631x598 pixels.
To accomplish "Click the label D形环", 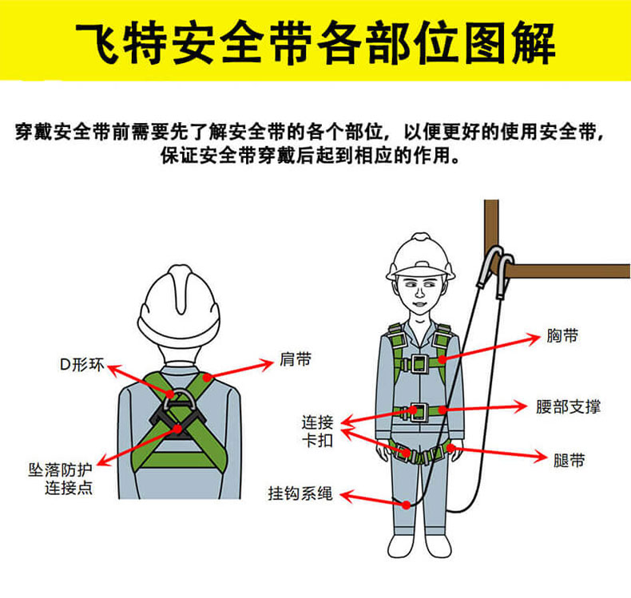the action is tap(82, 365).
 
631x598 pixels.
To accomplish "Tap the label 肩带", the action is tap(296, 359).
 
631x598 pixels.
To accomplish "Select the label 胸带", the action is tap(562, 335).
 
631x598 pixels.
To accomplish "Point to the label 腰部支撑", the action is tap(568, 406).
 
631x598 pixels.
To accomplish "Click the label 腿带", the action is tap(569, 460).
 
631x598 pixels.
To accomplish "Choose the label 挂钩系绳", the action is tap(300, 493).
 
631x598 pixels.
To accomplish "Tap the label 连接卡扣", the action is tap(318, 431).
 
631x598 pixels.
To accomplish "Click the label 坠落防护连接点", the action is tap(61, 478).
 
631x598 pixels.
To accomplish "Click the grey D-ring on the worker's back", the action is tap(180, 399).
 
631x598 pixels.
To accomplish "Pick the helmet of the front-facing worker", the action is tap(420, 256).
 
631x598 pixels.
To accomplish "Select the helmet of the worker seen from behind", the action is tap(179, 306).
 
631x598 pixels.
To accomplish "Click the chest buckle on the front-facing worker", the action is tap(419, 363).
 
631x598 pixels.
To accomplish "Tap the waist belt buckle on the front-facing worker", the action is tap(419, 412).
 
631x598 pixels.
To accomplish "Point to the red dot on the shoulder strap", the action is tap(207, 378).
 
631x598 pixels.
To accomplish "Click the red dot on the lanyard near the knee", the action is tap(407, 505).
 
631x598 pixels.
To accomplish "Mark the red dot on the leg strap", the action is tap(451, 448).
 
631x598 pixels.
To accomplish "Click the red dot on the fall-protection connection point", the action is tap(177, 429).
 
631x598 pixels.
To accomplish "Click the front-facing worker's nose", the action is tap(419, 292).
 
